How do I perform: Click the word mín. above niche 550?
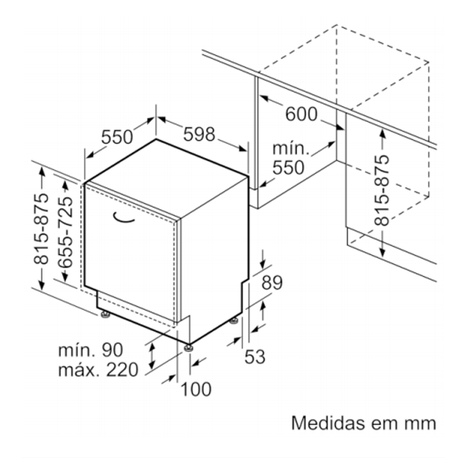point(290,149)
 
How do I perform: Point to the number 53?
point(254,357)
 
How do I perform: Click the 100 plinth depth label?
point(197,388)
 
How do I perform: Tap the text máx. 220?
point(98,369)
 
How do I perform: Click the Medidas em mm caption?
point(363,423)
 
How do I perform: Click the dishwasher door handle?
point(129,218)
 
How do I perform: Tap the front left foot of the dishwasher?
point(105,315)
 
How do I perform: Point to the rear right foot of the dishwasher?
point(234,320)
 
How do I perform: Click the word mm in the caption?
point(420,423)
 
